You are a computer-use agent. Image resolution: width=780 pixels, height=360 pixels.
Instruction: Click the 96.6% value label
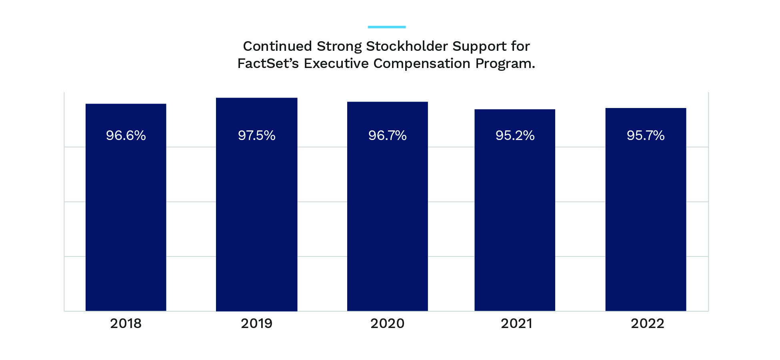pyautogui.click(x=126, y=136)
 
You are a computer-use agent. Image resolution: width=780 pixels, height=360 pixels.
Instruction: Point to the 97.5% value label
pyautogui.click(x=256, y=136)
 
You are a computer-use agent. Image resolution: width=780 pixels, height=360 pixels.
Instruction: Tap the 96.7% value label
pyautogui.click(x=387, y=136)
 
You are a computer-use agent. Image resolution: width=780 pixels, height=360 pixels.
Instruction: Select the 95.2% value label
pyautogui.click(x=515, y=136)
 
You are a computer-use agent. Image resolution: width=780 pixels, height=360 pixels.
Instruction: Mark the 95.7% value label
pyautogui.click(x=646, y=136)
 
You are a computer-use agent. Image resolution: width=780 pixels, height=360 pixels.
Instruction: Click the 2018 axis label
pyautogui.click(x=126, y=323)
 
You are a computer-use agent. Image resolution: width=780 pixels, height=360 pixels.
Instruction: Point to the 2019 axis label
pyautogui.click(x=256, y=323)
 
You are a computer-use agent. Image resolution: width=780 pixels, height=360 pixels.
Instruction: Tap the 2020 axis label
pyautogui.click(x=387, y=323)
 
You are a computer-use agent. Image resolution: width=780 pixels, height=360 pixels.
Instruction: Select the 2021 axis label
pyautogui.click(x=516, y=323)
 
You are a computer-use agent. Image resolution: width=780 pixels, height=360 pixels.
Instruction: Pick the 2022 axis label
pyautogui.click(x=647, y=323)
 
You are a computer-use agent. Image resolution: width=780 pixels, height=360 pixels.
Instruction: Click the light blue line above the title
pyautogui.click(x=386, y=27)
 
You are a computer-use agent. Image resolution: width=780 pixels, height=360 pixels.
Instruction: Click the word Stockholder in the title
pyautogui.click(x=407, y=46)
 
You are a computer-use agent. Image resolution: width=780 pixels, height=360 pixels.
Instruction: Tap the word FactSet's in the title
pyautogui.click(x=268, y=64)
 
